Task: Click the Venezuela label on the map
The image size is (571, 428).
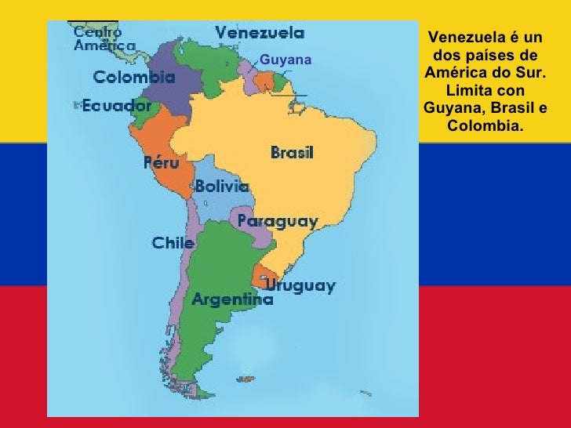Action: click(260, 33)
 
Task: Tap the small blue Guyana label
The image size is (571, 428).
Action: click(285, 60)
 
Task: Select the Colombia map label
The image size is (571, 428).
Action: click(134, 78)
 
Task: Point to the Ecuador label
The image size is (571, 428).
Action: click(117, 106)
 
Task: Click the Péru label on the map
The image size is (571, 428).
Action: click(161, 163)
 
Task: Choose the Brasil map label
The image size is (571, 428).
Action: click(292, 153)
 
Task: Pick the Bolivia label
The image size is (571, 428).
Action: click(222, 187)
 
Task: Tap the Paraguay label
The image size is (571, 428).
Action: click(277, 221)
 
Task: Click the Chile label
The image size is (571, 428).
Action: click(173, 243)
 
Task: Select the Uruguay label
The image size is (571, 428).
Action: click(300, 285)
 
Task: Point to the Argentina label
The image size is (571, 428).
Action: click(233, 299)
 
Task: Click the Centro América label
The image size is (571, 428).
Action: click(98, 38)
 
